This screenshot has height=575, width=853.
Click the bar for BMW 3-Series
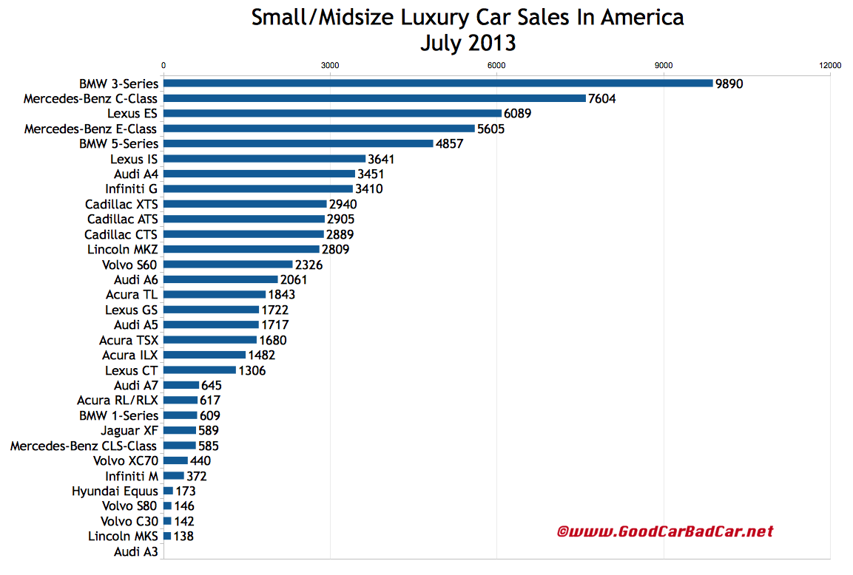[x=437, y=84]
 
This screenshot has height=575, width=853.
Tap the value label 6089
[x=517, y=114]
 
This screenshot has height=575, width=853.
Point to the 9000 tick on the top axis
[x=664, y=66]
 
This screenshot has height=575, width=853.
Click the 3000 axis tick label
[x=330, y=66]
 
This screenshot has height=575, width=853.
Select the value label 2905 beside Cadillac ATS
[x=341, y=220]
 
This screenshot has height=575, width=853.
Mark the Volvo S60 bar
[x=228, y=265]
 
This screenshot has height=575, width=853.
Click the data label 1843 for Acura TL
[x=282, y=295]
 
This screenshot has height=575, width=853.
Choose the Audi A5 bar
[x=211, y=325]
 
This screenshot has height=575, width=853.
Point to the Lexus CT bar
[x=200, y=370]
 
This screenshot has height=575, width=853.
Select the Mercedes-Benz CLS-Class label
[x=84, y=446]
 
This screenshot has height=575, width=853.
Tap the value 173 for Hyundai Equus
[x=185, y=491]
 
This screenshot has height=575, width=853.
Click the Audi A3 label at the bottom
[x=135, y=551]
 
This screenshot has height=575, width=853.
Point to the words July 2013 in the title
[x=468, y=44]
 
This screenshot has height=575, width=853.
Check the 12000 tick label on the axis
[x=830, y=66]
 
